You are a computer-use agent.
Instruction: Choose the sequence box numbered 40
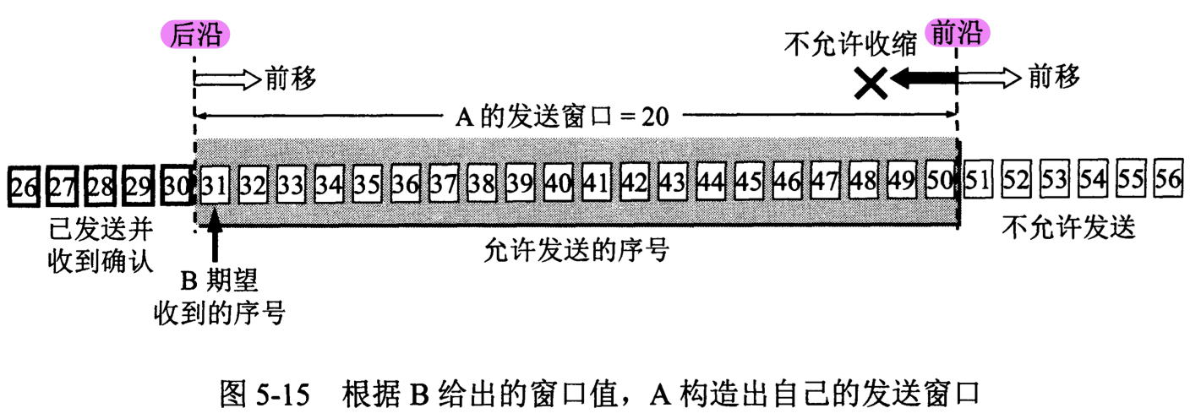point(559,182)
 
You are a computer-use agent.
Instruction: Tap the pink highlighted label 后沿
point(194,34)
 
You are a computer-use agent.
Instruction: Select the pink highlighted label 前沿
point(958,33)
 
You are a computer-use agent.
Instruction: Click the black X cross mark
point(871,82)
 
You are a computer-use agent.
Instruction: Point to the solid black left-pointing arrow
point(925,79)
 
